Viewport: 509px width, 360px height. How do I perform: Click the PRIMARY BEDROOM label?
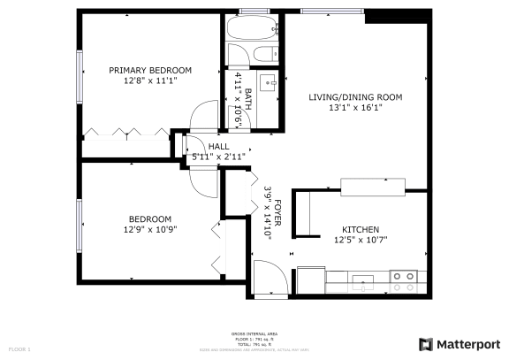point(150,70)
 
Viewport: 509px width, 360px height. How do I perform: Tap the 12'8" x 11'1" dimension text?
point(150,81)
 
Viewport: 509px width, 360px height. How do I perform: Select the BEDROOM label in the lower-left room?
point(150,218)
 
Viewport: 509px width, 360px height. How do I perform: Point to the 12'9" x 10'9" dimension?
point(150,230)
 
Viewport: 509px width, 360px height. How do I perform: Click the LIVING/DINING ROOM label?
point(355,97)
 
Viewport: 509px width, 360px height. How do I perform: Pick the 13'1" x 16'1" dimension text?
point(355,109)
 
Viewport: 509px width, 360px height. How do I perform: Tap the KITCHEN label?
point(361,227)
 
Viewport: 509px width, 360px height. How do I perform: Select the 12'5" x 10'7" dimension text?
point(361,239)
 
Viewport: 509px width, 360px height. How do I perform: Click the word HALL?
point(218,146)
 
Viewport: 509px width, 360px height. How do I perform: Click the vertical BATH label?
point(248,96)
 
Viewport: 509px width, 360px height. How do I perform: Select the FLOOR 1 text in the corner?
point(19,349)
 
